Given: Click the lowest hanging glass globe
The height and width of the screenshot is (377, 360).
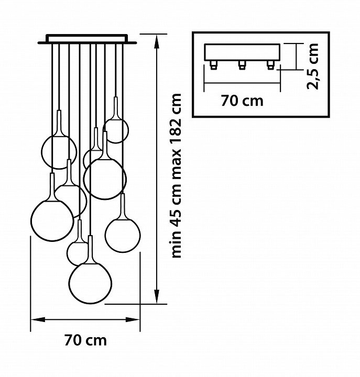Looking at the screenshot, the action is click(x=90, y=283).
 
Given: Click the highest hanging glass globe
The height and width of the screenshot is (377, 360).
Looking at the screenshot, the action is click(x=116, y=130).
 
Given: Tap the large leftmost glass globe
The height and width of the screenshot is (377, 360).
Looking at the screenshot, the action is click(x=52, y=220).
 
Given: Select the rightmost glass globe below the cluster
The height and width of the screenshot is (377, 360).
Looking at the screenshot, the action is click(x=123, y=235).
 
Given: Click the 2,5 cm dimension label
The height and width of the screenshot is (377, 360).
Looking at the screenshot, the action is click(x=313, y=66).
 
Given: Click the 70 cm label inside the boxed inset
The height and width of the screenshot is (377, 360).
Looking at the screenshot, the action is click(x=242, y=101).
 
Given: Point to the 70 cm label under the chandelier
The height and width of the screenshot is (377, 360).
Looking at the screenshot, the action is click(x=85, y=340).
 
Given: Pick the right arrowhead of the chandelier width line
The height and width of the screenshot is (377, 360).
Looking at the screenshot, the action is click(x=133, y=320).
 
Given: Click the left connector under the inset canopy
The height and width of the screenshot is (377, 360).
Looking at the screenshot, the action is click(x=213, y=65).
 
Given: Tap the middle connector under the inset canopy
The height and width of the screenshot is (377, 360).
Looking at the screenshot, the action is click(x=242, y=65).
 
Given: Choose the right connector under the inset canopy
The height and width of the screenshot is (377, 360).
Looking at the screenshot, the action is click(x=270, y=65).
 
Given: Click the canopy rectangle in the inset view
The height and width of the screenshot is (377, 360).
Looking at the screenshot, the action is click(x=242, y=52).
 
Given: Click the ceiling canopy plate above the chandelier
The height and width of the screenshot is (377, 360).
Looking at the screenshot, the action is click(x=87, y=39).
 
